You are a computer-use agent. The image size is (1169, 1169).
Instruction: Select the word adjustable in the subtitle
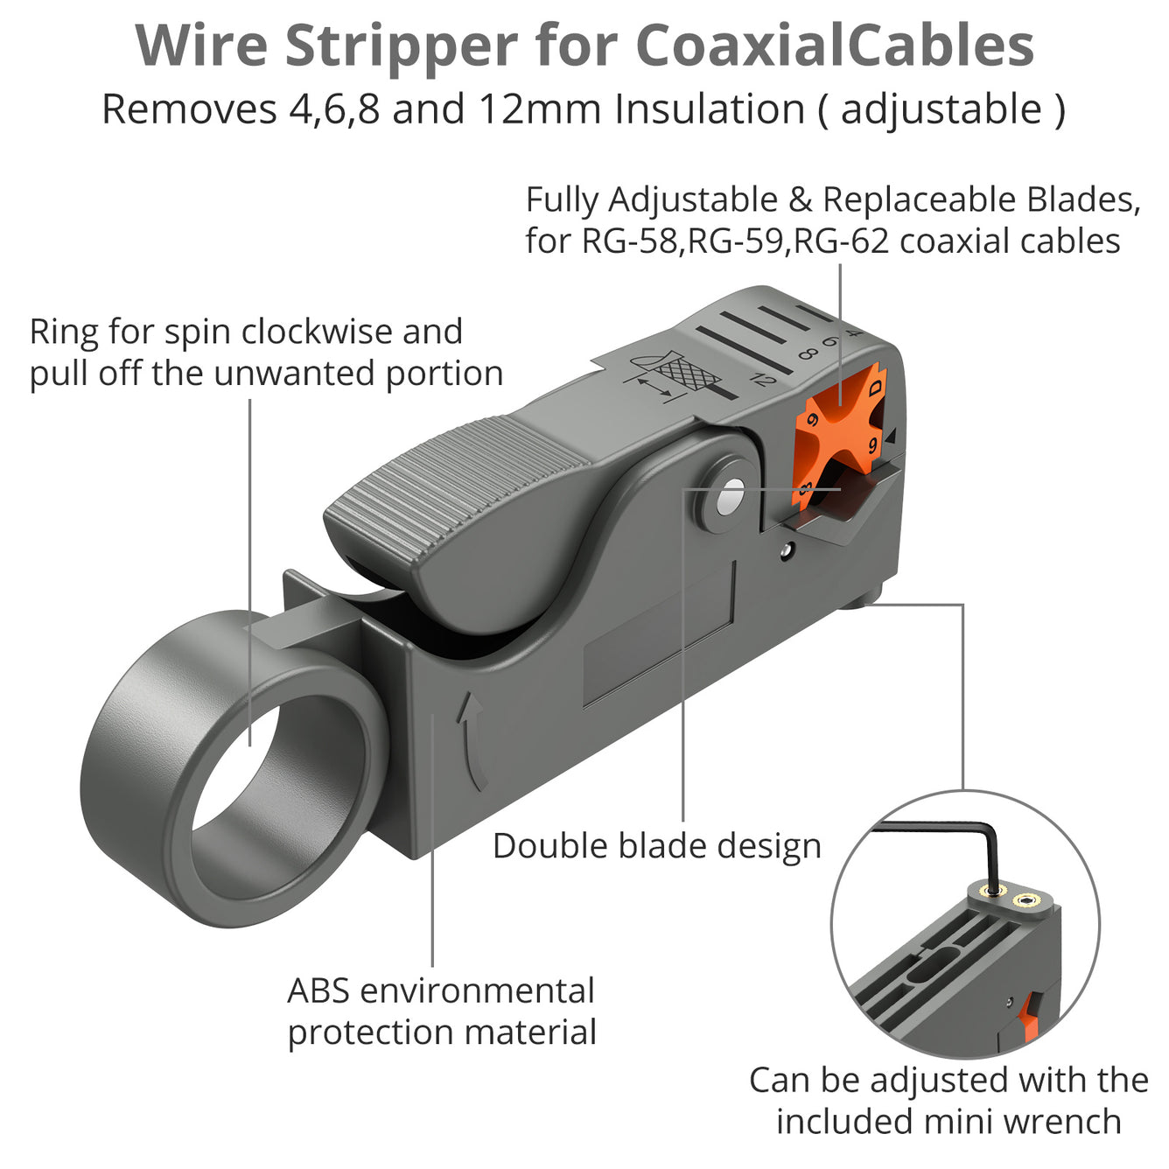[x=941, y=109]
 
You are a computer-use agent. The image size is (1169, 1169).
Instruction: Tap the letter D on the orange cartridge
[x=875, y=388]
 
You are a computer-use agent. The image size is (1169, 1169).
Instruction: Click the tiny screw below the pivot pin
[x=787, y=550]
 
